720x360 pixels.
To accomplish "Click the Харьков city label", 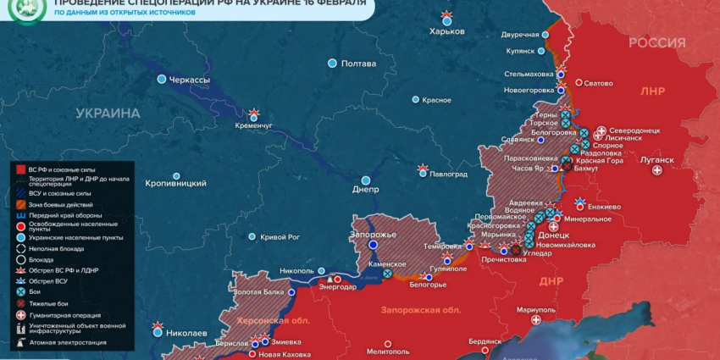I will [447, 31].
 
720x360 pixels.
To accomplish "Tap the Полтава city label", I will [358, 64].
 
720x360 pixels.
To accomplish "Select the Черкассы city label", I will [190, 80].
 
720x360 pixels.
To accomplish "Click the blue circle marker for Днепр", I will [366, 180].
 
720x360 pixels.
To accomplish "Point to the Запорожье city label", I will [374, 234].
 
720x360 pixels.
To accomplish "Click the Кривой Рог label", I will [280, 237].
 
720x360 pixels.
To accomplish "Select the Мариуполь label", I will [535, 309].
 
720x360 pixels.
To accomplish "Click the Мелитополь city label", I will [389, 351].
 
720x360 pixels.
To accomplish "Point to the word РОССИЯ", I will [656, 43].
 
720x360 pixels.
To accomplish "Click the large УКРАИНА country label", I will [108, 113].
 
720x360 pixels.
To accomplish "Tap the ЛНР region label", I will [653, 91].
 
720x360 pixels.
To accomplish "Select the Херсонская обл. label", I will [273, 321].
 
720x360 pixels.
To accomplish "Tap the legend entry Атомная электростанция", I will [68, 342].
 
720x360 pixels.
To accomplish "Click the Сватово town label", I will [599, 83].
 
